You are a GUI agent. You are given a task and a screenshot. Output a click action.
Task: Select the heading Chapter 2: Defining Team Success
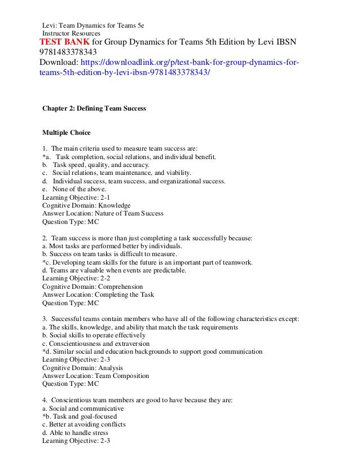click(94, 108)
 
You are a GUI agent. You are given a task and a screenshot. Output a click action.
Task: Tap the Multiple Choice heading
click(67, 133)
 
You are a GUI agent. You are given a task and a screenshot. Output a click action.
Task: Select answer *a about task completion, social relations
click(129, 157)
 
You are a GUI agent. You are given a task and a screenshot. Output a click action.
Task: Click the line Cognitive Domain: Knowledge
click(86, 205)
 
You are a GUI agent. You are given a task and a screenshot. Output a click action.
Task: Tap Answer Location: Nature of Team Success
click(103, 214)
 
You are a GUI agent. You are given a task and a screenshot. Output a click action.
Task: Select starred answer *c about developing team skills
click(148, 262)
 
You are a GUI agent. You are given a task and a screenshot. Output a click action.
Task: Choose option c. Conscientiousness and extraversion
click(96, 343)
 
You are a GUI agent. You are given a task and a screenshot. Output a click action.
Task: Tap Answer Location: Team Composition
click(96, 376)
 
